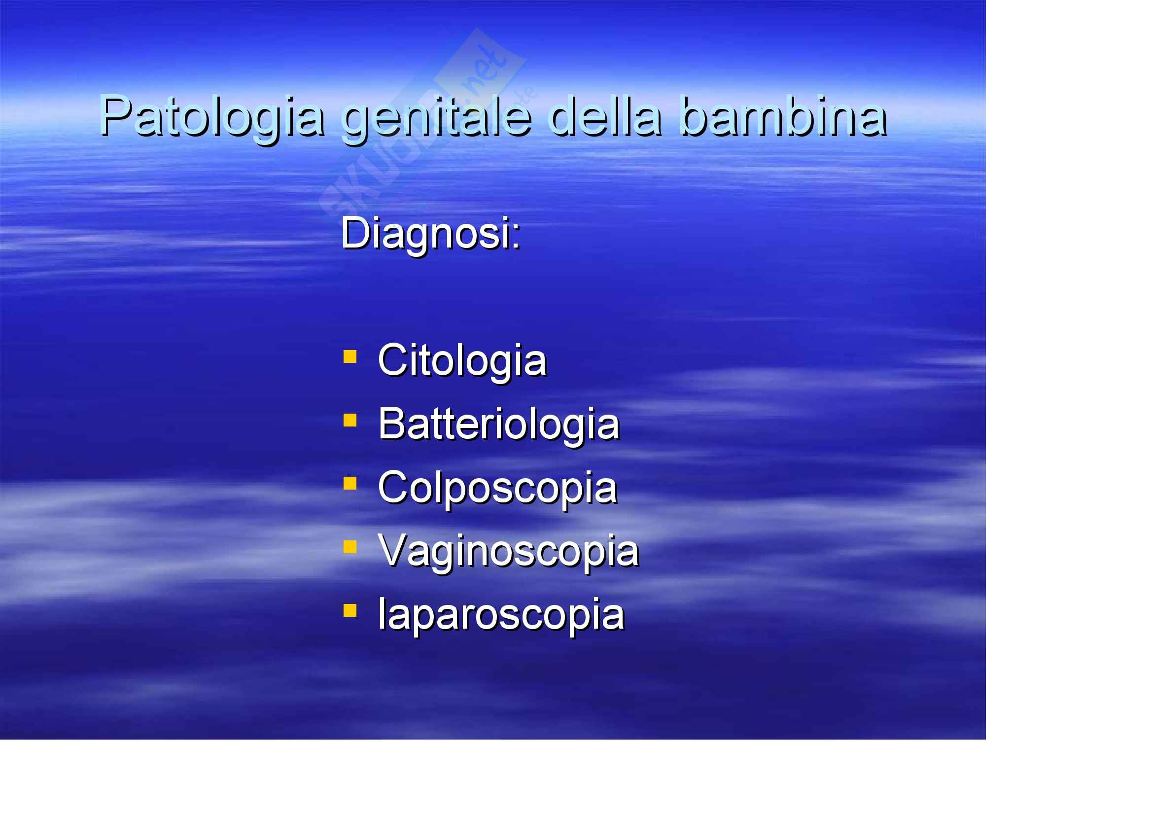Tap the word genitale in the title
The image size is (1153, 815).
tap(436, 118)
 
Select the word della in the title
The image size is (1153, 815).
tap(605, 115)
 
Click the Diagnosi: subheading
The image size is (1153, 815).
tap(431, 234)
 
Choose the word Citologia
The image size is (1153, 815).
tap(462, 361)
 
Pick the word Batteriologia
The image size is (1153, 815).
tap(499, 425)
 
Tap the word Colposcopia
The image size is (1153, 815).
tap(497, 489)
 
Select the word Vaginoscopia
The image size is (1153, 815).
tap(509, 552)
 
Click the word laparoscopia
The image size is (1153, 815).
tap(501, 615)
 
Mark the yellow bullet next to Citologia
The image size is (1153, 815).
tap(350, 356)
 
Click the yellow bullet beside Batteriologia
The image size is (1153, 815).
tap(350, 420)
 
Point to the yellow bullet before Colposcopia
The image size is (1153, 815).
tap(350, 483)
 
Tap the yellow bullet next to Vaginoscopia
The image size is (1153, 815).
tap(350, 547)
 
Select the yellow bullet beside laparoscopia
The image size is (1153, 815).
tap(350, 610)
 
